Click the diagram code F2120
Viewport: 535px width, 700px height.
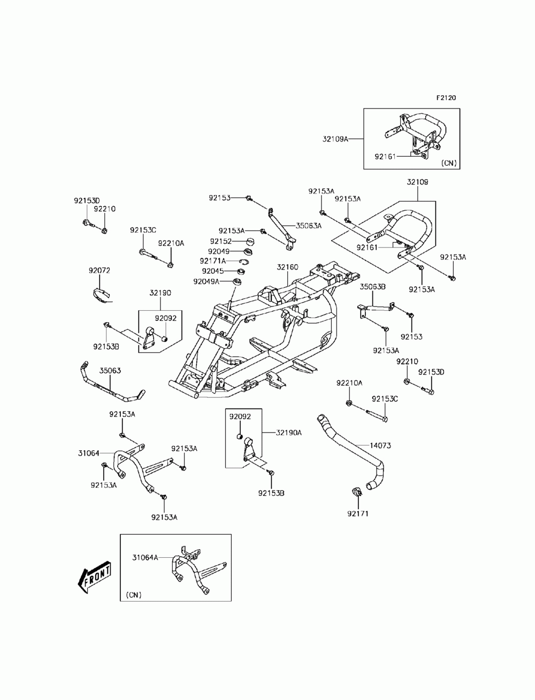tap(446, 98)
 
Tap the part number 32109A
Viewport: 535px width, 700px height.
tap(335, 139)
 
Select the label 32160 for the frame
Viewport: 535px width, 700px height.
tap(287, 267)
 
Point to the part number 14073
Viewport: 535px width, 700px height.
tap(380, 445)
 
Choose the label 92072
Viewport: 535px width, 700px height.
tap(99, 271)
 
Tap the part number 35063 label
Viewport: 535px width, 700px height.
tap(110, 371)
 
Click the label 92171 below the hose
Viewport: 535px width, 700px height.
tap(358, 514)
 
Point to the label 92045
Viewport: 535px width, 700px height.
tap(213, 271)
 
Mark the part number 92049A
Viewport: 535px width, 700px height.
tap(206, 282)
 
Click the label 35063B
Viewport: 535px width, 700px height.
tap(372, 287)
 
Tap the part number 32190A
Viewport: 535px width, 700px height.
tap(289, 433)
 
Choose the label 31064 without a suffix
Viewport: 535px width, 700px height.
tap(89, 453)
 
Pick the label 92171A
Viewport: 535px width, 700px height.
tap(212, 261)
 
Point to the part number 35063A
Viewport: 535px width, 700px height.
tap(309, 226)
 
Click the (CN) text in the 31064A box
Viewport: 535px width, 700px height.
tap(134, 595)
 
